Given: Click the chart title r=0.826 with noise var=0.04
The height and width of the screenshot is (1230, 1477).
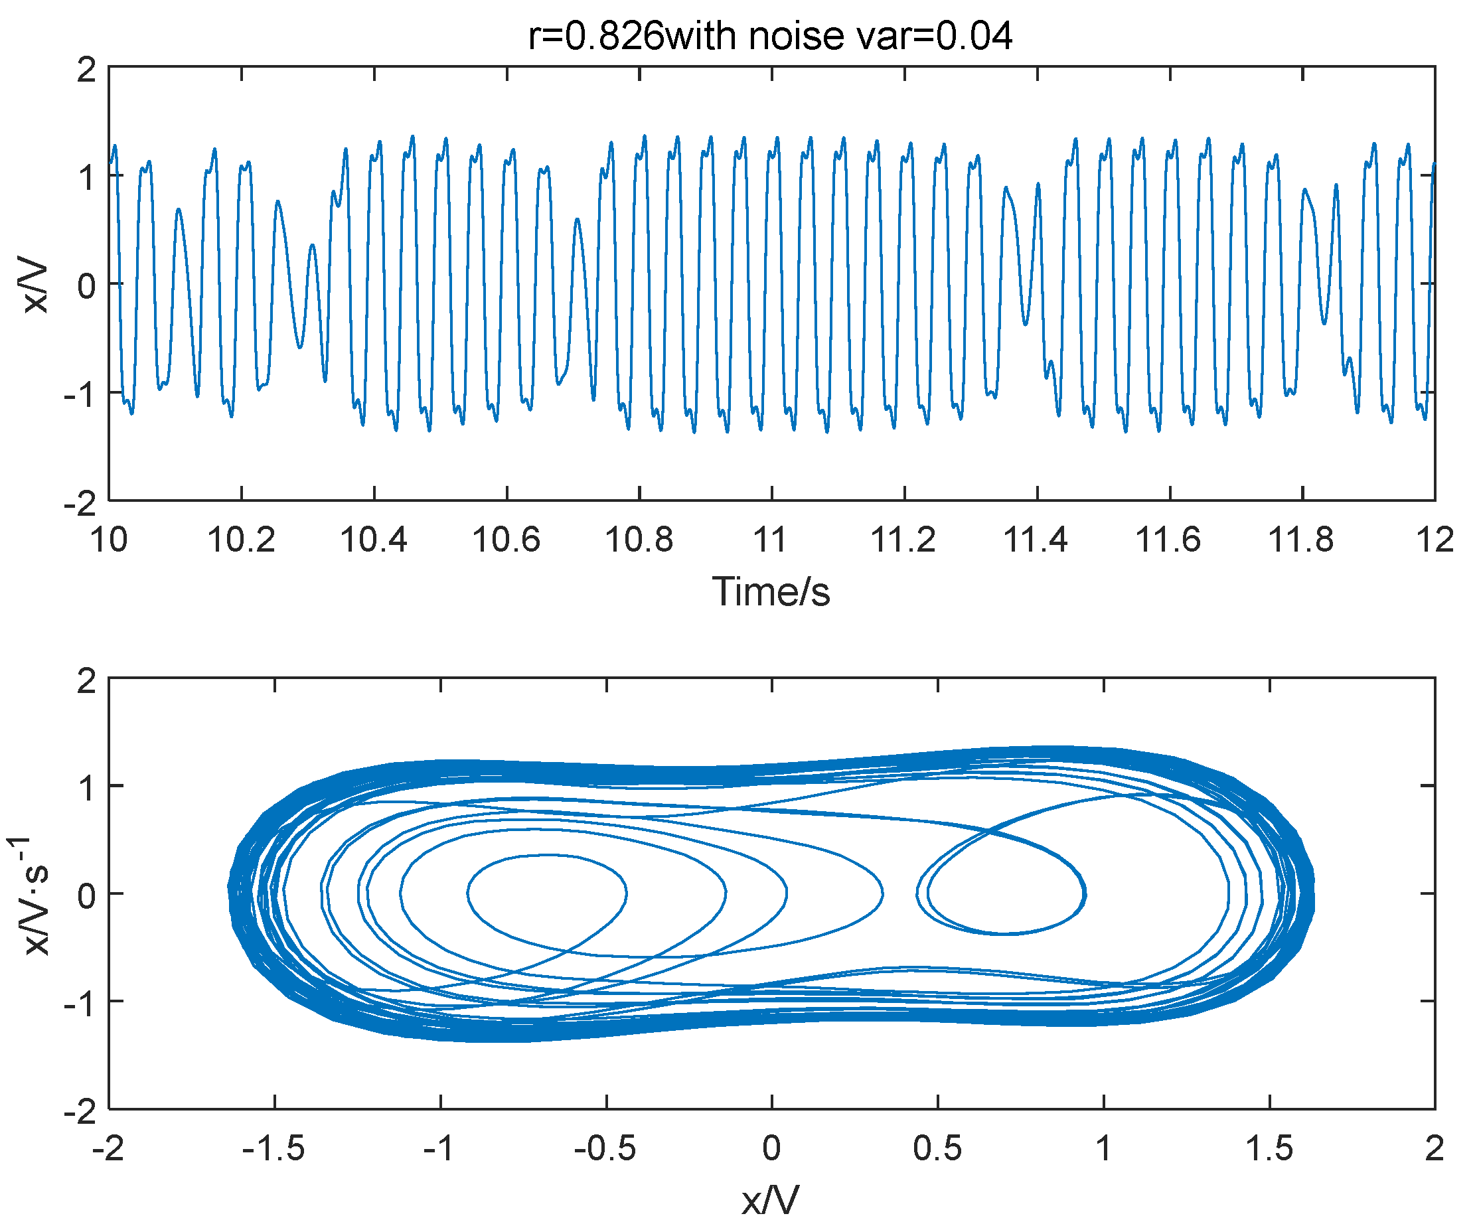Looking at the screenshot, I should point(770,35).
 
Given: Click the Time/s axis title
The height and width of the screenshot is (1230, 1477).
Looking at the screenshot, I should point(771,591).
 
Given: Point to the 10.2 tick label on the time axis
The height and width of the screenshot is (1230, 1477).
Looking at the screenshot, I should point(241,540).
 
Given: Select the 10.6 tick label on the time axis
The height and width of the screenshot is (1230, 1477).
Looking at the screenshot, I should point(506,540).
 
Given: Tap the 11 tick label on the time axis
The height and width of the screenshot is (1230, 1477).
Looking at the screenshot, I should point(771,540).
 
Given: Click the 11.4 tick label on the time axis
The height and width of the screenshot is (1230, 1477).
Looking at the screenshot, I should point(1036,540).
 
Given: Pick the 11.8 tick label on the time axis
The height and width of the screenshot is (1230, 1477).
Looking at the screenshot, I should point(1301,540).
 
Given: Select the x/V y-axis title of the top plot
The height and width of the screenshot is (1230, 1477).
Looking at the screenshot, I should point(35,287).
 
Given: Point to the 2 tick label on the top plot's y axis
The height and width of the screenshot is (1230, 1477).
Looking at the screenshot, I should point(86,70).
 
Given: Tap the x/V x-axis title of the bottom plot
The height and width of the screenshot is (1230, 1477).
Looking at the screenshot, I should point(771,1201).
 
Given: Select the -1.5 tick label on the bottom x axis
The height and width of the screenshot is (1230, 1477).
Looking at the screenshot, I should point(273,1149).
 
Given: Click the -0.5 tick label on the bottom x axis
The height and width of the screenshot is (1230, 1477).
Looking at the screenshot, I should point(605,1149).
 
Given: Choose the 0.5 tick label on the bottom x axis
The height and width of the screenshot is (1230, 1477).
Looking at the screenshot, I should point(937,1149).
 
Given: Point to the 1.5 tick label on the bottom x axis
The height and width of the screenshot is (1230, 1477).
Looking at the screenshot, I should point(1269,1149).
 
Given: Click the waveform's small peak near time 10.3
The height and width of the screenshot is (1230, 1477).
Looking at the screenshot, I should point(312,246).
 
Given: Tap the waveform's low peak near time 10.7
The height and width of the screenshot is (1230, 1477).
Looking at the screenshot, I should point(577,220).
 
